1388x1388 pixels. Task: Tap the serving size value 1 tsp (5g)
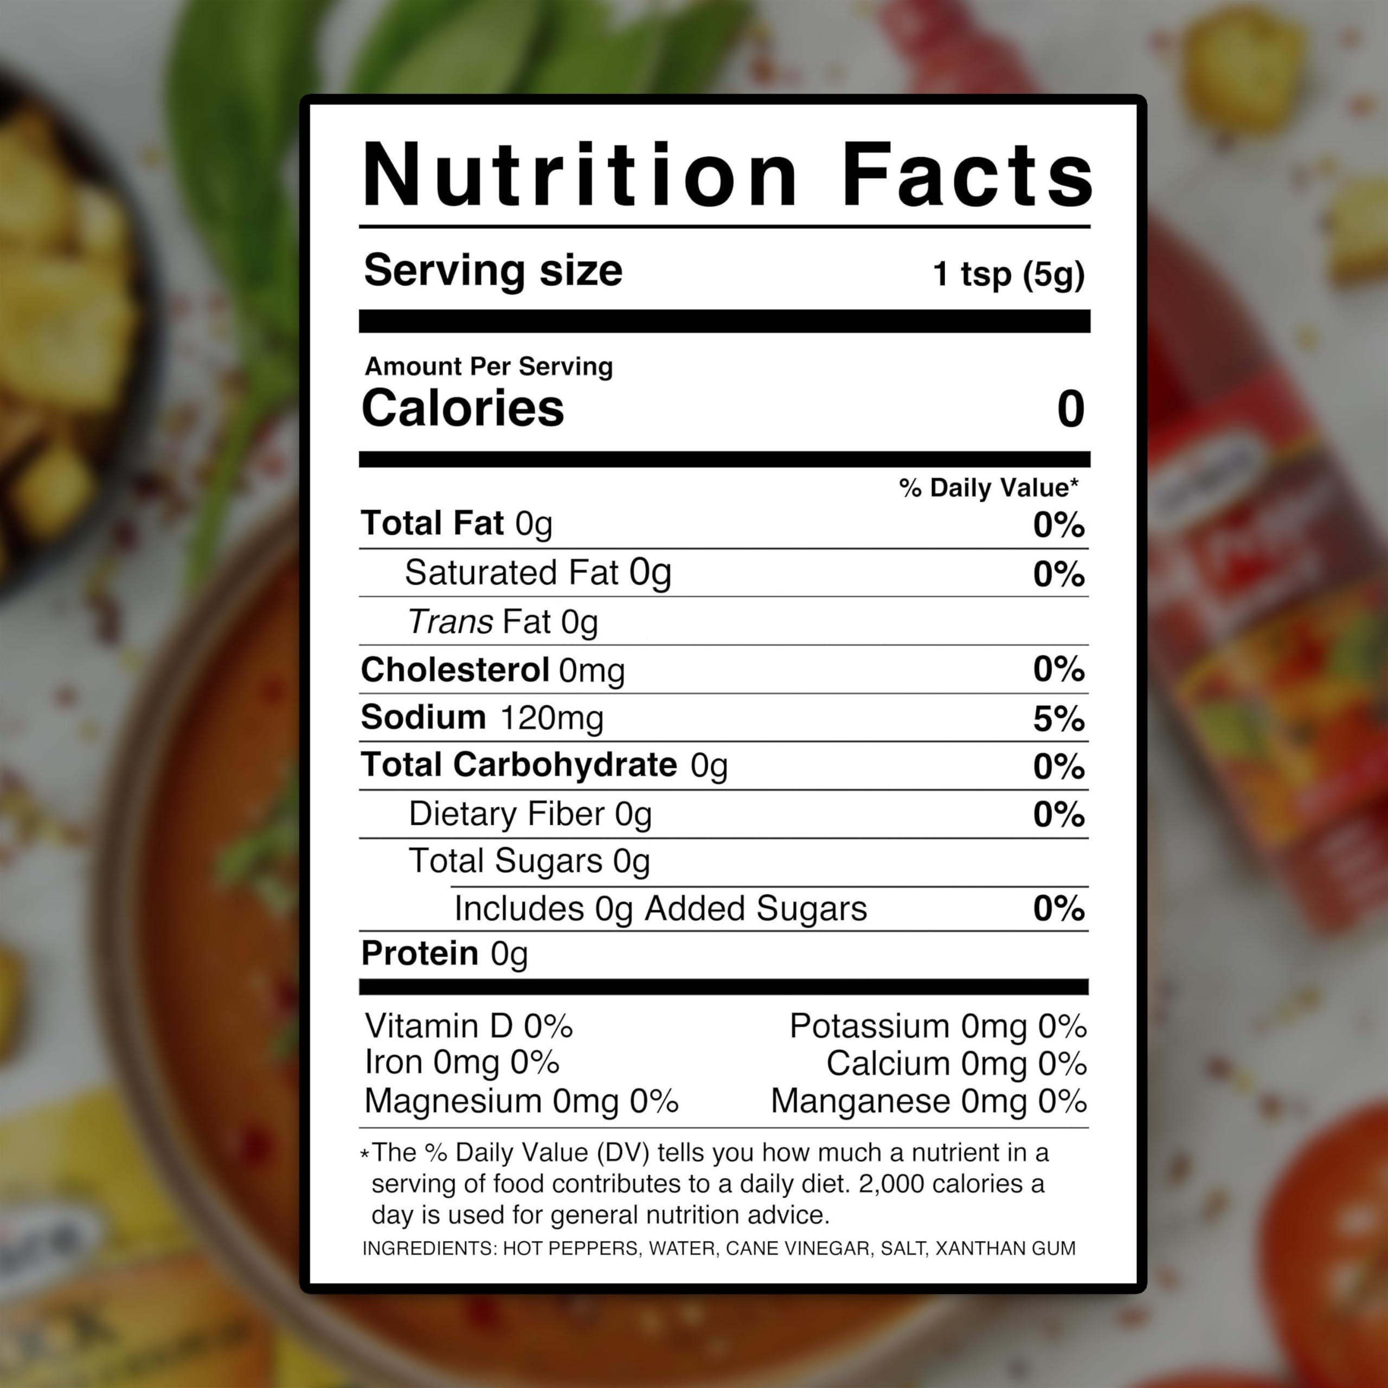coord(1008,274)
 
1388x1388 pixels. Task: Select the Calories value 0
coord(1070,409)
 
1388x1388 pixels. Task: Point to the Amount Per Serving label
coord(489,367)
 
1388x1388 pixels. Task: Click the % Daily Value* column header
coord(988,488)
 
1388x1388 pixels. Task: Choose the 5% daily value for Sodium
coord(1058,718)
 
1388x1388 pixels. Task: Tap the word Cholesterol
coord(455,670)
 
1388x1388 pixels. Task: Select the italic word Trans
coord(451,622)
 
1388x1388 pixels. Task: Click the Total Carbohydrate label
coord(519,765)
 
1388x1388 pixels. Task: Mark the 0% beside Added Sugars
coord(1058,909)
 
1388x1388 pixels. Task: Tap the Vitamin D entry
coord(468,1026)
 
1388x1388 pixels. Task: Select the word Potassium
coord(869,1026)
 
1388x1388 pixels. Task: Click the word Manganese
coord(860,1101)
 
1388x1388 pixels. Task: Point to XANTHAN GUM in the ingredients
coord(1005,1249)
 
